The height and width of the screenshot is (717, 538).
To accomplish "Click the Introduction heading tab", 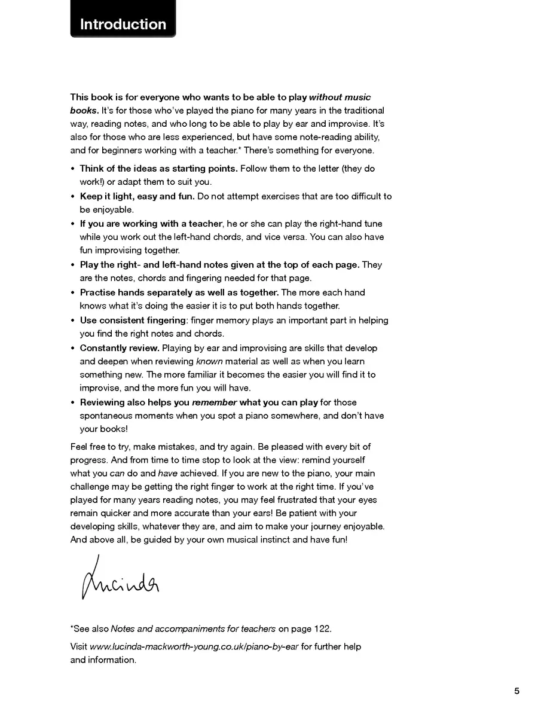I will (123, 25).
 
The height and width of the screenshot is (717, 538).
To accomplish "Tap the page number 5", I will (516, 691).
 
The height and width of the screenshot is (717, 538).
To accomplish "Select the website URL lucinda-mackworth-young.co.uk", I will (194, 646).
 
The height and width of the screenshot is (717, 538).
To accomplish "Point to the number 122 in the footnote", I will (322, 628).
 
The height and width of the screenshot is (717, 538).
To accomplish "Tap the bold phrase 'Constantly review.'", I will (120, 348).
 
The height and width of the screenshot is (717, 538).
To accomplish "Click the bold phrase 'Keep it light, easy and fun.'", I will (137, 196).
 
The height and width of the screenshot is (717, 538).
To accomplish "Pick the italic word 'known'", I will (209, 361).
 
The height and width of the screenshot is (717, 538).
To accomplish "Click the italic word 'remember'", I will (214, 402).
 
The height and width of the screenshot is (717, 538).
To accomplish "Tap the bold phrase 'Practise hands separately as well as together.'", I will (179, 292).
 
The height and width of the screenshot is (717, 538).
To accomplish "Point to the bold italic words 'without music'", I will (340, 97).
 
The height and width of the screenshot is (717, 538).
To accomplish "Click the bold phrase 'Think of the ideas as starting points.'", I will (158, 169).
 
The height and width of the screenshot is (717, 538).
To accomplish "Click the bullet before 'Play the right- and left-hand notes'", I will (73, 265).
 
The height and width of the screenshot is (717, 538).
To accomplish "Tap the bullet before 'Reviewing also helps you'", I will (73, 402).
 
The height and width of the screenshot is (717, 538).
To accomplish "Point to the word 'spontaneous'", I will (107, 416).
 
